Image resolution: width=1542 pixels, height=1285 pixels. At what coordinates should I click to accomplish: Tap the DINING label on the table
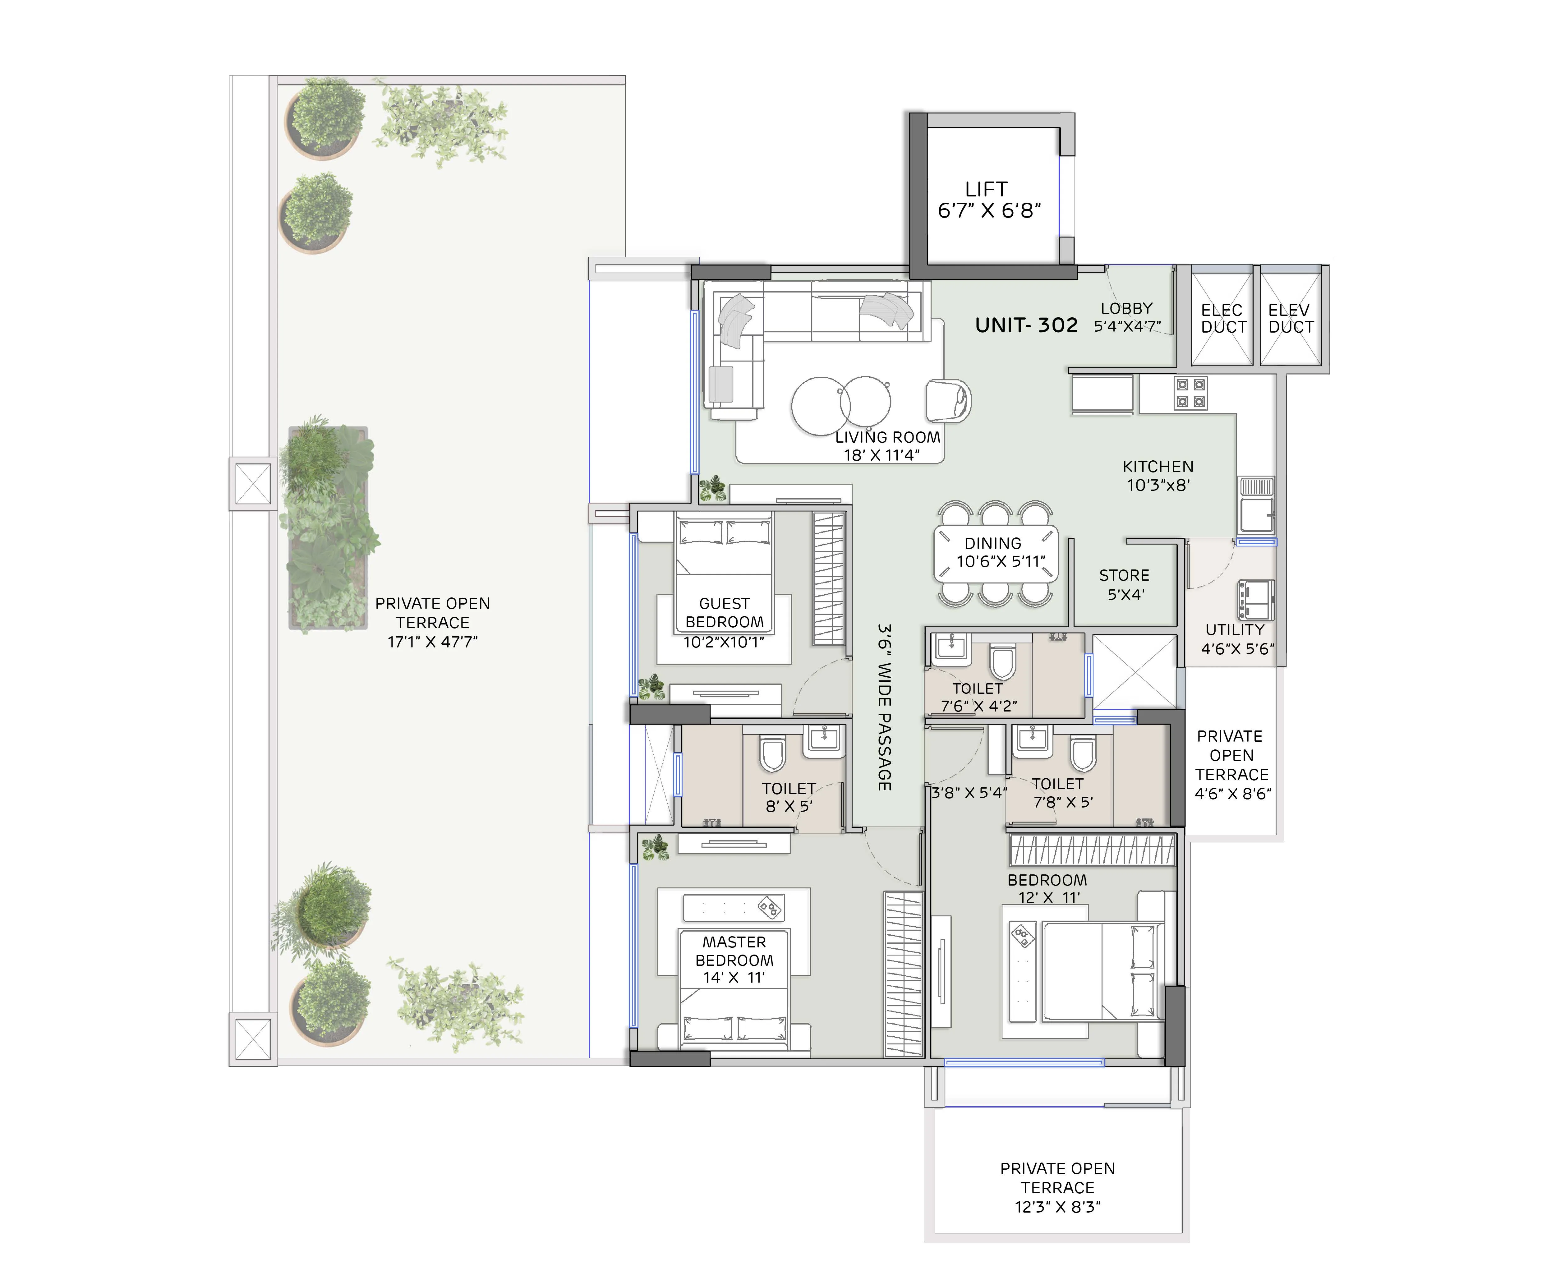tap(993, 543)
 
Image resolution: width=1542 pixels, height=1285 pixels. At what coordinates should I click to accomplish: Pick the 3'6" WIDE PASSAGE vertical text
tap(885, 707)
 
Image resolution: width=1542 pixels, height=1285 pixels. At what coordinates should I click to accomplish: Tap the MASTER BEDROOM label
tap(734, 951)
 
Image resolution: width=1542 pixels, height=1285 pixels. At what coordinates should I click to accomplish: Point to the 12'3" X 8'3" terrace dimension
tap(1057, 1207)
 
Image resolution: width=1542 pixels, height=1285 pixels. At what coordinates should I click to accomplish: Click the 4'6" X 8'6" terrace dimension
tap(1233, 794)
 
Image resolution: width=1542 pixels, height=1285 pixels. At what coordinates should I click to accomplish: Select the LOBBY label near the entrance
tap(1126, 308)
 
